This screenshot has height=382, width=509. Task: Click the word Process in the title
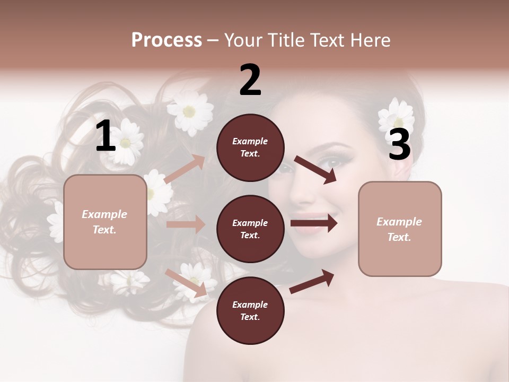[166, 40]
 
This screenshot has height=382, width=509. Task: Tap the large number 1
[106, 136]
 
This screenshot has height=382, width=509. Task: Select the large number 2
[250, 80]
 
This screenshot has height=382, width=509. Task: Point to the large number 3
[400, 145]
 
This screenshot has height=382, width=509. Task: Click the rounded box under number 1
[105, 222]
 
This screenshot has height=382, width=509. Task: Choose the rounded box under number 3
[400, 229]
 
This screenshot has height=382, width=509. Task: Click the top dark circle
[250, 147]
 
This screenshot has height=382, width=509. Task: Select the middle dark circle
[250, 229]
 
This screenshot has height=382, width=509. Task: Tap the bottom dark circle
[250, 310]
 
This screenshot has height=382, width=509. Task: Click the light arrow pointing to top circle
[185, 169]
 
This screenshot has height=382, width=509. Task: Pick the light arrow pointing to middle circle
[186, 224]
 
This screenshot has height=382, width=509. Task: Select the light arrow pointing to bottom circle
[186, 283]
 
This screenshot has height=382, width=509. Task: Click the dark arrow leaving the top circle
[315, 169]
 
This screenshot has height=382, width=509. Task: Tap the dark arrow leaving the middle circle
[313, 223]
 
